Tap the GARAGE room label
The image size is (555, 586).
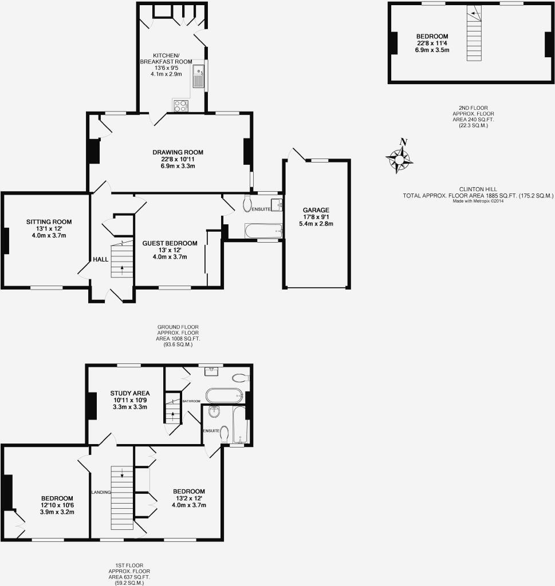(x=316, y=210)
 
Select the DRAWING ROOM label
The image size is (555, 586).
(x=178, y=152)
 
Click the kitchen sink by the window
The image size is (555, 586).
(x=199, y=76)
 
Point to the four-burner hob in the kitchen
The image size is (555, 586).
(x=180, y=105)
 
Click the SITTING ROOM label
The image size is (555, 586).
(x=49, y=221)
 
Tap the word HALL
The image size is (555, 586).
(x=101, y=259)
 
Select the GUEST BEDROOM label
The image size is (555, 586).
(x=170, y=243)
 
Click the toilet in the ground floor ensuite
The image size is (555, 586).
(x=247, y=203)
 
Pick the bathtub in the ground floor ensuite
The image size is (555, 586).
(x=263, y=231)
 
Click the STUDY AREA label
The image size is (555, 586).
(x=130, y=393)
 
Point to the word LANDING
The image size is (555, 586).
(x=101, y=492)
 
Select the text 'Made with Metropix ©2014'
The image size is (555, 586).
(x=478, y=201)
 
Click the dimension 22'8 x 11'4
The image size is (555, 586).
(x=432, y=43)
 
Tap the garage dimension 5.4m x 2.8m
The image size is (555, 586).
(x=316, y=224)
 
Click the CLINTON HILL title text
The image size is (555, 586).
(x=478, y=189)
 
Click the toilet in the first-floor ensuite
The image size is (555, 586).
(x=225, y=434)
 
